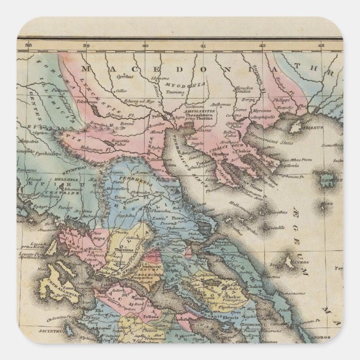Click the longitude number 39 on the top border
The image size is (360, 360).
(x=86, y=46)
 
